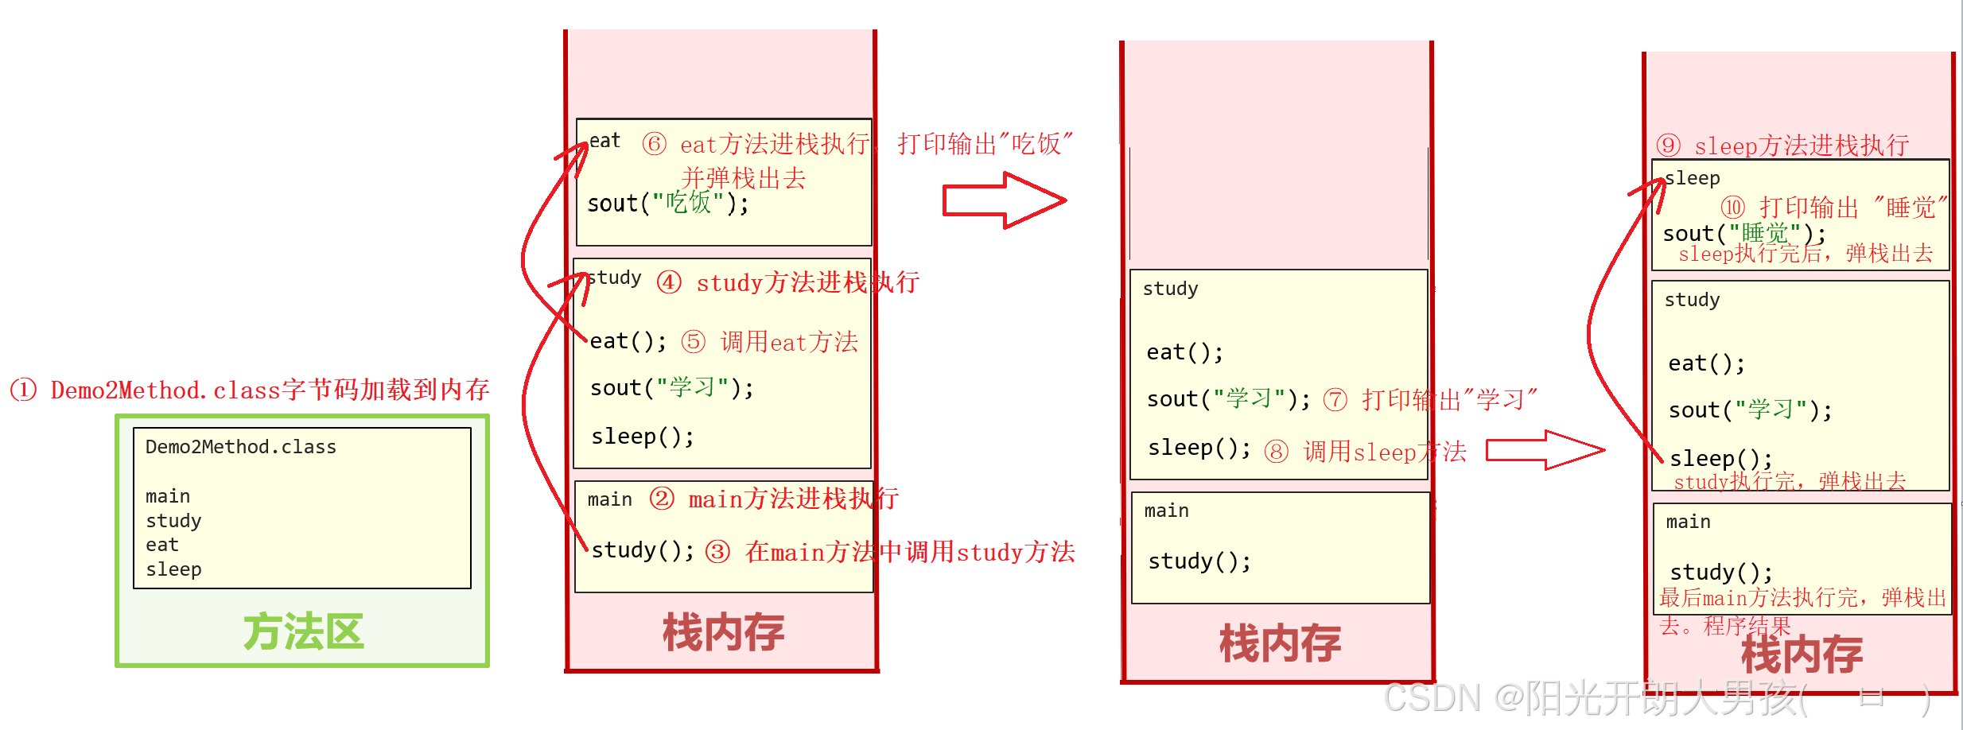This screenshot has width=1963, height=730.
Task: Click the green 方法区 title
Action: (x=303, y=632)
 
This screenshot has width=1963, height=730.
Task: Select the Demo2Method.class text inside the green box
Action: (x=240, y=447)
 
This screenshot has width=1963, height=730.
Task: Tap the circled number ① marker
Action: (x=23, y=390)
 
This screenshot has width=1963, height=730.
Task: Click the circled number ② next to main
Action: (x=662, y=499)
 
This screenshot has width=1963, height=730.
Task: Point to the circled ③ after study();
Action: (x=717, y=551)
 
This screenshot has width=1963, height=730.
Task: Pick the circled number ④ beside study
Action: (x=669, y=282)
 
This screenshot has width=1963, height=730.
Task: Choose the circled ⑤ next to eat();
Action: (x=693, y=342)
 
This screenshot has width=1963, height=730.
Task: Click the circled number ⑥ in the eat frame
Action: (x=654, y=144)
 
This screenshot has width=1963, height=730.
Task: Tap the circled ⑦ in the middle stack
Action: (x=1335, y=399)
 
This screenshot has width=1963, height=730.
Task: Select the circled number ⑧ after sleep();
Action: (x=1276, y=452)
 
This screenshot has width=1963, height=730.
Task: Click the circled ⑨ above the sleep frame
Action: (x=1668, y=146)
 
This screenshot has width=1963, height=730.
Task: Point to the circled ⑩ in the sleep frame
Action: (x=1732, y=208)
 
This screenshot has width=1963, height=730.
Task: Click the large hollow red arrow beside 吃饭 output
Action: (x=1003, y=200)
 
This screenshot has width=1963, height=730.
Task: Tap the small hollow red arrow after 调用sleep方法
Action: (x=1545, y=450)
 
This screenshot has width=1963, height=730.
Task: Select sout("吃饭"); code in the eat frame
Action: (x=667, y=204)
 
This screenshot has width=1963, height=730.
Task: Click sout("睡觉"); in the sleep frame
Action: (x=1743, y=234)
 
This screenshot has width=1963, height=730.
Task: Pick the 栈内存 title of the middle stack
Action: (x=1280, y=643)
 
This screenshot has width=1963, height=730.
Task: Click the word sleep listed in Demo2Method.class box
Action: (x=173, y=569)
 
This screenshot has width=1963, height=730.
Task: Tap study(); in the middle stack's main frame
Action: (x=1199, y=561)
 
